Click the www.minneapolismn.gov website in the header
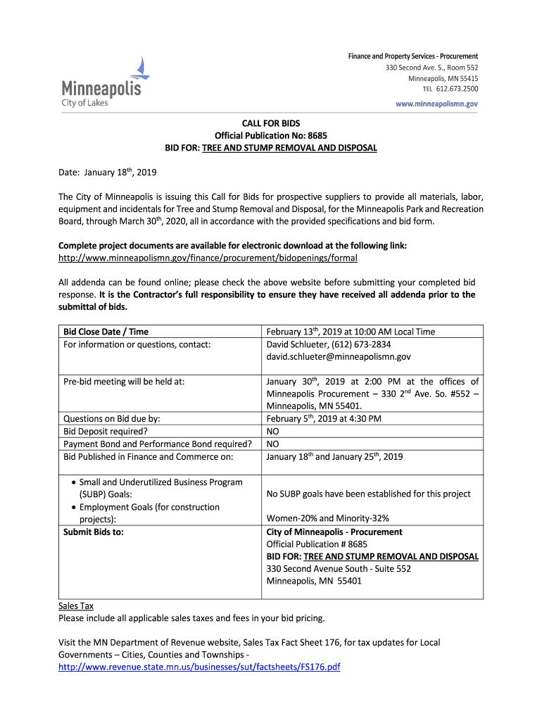click(436, 104)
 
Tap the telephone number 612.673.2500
click(457, 89)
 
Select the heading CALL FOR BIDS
click(271, 123)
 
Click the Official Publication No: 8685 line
click(271, 135)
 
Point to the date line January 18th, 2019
click(106, 173)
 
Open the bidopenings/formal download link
click(208, 258)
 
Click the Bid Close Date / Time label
click(106, 332)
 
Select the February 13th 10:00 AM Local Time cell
click(351, 332)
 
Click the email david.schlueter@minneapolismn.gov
click(339, 357)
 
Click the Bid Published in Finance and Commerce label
click(148, 456)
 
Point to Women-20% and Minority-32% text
click(327, 519)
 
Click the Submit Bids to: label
click(94, 532)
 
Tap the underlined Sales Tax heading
click(75, 606)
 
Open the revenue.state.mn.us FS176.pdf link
click(199, 667)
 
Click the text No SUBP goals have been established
click(368, 494)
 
